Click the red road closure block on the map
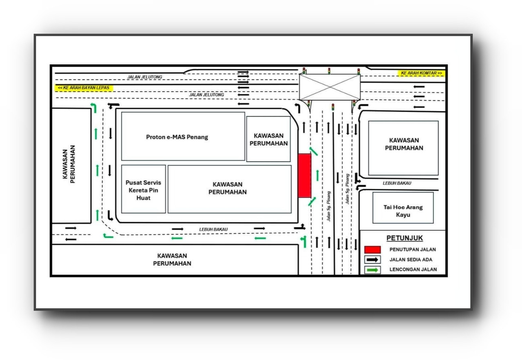coord(305,175)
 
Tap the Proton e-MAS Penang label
coord(177,137)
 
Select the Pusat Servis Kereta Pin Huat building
coord(143,189)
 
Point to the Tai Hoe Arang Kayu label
coord(403,211)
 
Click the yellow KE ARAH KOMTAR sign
coord(421,73)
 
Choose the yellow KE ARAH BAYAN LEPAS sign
coord(84,88)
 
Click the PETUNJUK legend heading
coord(405,238)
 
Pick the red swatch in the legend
coord(372,250)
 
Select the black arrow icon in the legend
coord(372,260)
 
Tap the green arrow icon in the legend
coord(372,270)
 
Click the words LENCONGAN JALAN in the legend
coord(413,269)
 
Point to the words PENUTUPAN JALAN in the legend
coord(412,250)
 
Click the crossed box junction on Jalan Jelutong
coord(330,87)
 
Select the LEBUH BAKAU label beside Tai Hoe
coord(397,183)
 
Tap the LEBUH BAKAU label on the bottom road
coord(213,229)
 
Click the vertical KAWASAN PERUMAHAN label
coord(69,164)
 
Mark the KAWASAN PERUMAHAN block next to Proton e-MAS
coord(268,139)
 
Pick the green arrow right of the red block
coord(317,175)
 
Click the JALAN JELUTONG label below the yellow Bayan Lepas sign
coord(206,95)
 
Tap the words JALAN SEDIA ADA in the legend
coord(411,260)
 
